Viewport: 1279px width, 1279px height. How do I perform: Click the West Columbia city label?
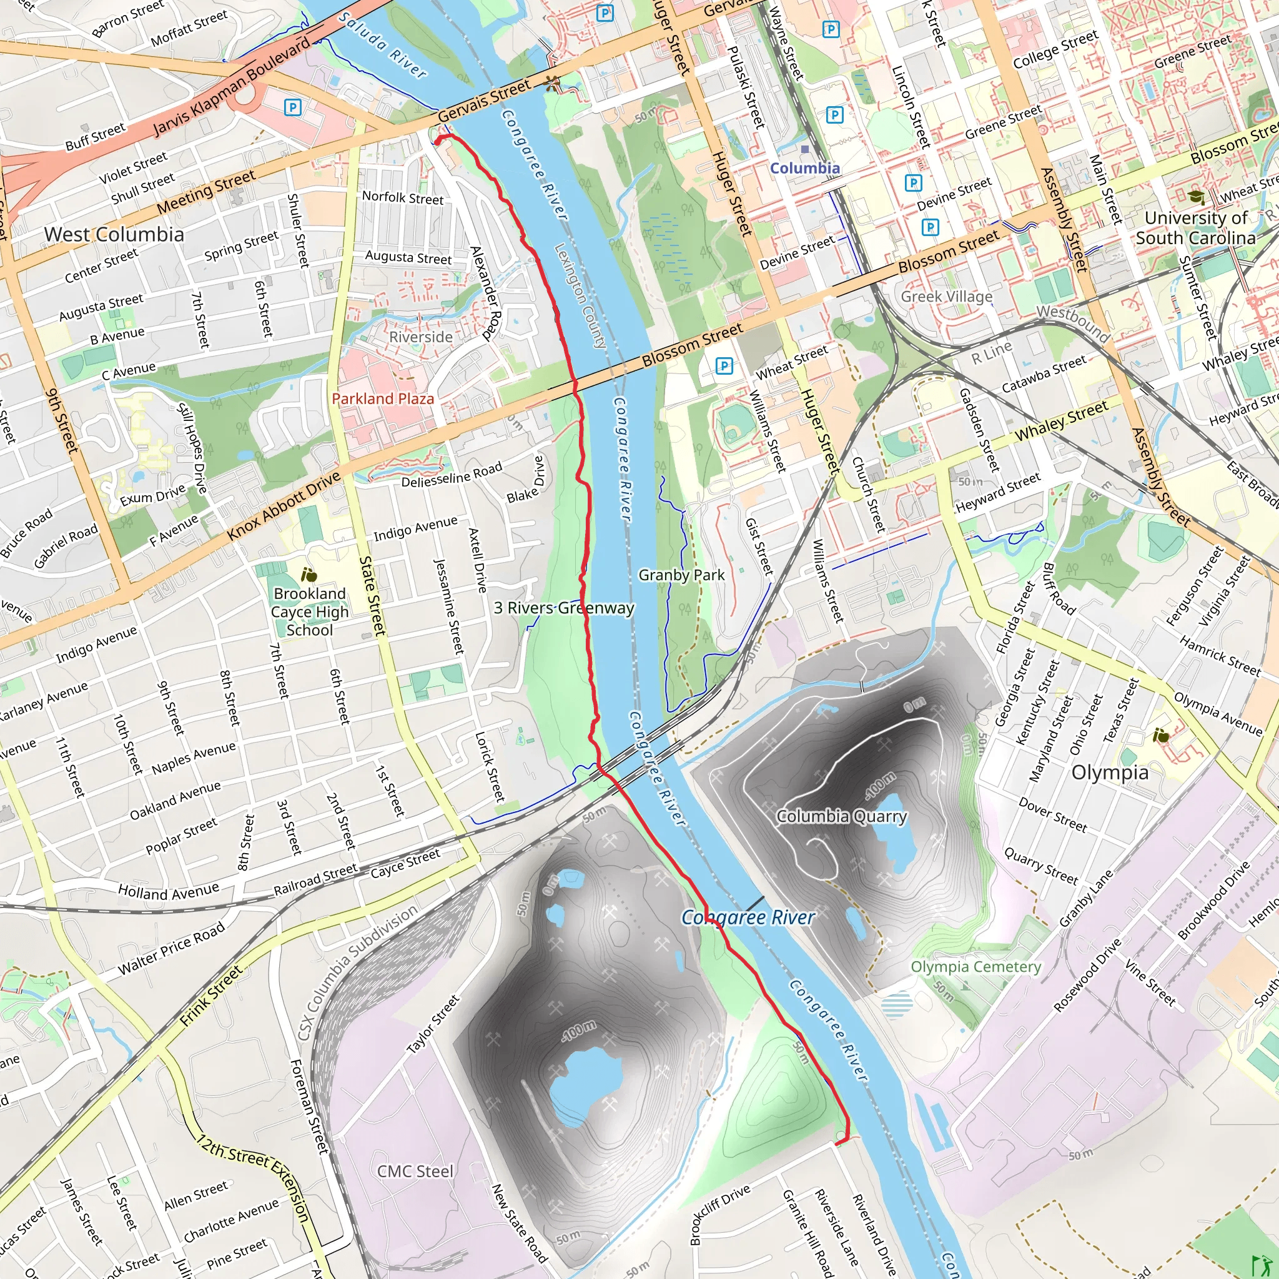point(114,234)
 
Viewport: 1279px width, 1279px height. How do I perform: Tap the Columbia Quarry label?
point(841,816)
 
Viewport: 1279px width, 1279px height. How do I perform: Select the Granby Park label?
point(681,575)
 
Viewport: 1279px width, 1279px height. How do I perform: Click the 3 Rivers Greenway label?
point(564,608)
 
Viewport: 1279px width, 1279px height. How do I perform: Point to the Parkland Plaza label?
point(383,398)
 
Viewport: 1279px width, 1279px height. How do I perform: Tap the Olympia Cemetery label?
point(976,967)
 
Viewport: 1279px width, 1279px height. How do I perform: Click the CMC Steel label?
point(415,1172)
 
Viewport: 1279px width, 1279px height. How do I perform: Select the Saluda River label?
point(382,45)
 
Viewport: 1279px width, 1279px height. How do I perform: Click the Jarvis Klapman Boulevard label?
point(231,87)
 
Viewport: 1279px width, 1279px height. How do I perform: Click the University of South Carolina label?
point(1195,228)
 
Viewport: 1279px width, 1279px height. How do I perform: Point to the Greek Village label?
point(946,297)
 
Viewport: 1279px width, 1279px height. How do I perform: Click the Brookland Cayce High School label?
point(309,611)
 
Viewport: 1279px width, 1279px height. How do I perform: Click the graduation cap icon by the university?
point(1195,197)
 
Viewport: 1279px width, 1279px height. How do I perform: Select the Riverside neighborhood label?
point(420,337)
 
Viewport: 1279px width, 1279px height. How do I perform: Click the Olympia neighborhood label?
point(1110,772)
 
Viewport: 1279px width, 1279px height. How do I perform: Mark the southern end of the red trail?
point(838,1143)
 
